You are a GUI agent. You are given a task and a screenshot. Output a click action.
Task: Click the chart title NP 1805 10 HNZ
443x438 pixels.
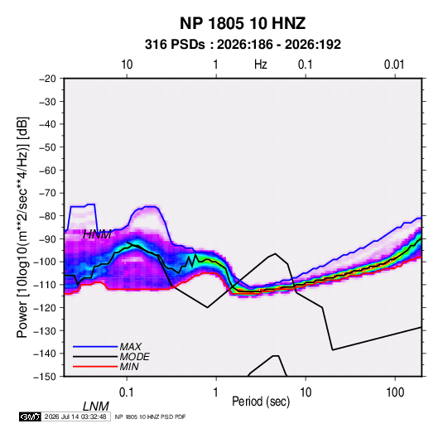[x=243, y=23]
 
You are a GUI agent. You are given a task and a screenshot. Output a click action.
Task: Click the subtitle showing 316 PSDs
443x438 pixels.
[x=243, y=45]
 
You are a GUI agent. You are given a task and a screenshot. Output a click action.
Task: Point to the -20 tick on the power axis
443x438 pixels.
[x=47, y=79]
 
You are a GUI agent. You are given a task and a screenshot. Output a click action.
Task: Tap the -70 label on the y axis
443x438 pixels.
[x=47, y=193]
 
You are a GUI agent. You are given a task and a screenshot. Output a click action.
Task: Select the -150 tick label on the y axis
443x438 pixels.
[x=46, y=377]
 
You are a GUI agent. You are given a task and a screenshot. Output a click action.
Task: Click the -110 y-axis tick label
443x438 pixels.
[x=46, y=285]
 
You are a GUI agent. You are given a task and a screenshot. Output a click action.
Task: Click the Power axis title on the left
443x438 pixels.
[x=22, y=228]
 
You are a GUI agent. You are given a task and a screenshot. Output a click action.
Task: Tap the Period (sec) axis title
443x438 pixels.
[x=261, y=402]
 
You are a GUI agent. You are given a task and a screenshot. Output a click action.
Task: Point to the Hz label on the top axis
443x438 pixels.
[x=261, y=65]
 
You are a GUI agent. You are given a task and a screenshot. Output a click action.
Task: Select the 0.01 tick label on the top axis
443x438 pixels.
[x=394, y=65]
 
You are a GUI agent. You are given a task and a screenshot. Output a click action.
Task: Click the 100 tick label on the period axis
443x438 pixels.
[x=395, y=392]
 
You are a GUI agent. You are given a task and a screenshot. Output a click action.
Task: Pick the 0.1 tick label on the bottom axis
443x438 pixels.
[x=127, y=392]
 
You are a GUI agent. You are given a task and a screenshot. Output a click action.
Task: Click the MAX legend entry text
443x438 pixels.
[x=130, y=346]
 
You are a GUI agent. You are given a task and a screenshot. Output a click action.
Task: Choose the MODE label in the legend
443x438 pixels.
[x=134, y=357]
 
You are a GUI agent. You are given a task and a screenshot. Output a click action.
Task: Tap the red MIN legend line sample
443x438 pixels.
[x=95, y=367]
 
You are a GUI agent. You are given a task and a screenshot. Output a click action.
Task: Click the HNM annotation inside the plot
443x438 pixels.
[x=97, y=234]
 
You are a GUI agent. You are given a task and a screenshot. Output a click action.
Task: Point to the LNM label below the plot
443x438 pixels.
[x=96, y=407]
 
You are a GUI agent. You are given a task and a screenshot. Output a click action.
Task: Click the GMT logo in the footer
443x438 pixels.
[x=31, y=416]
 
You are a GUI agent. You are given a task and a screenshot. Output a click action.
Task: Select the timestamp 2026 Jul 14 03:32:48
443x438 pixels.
[x=75, y=416]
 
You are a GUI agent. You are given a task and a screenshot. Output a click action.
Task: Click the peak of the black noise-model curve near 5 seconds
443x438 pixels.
[x=275, y=253]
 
